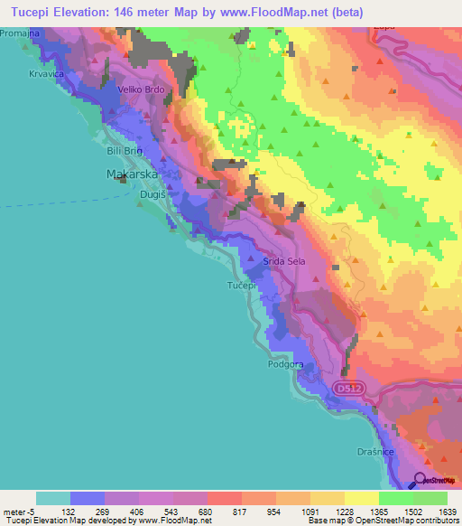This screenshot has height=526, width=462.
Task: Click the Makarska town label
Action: tap(133, 173)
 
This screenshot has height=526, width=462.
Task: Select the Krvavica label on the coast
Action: tap(44, 73)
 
